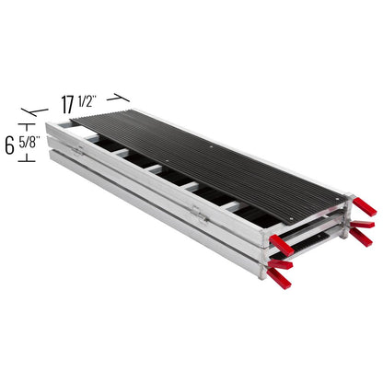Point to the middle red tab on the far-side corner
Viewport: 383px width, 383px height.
[362, 224]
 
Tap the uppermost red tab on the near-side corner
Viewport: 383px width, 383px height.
[282, 246]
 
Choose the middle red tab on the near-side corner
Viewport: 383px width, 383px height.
[280, 265]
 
